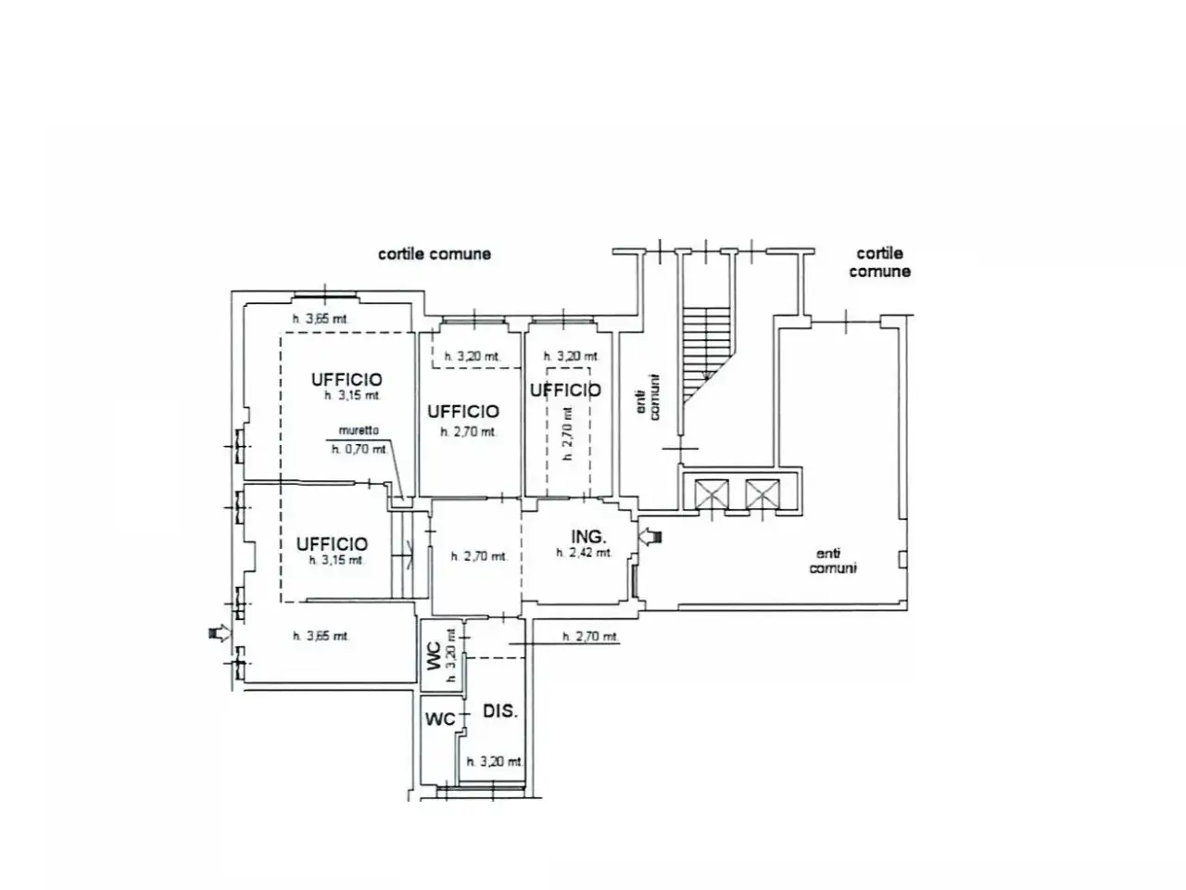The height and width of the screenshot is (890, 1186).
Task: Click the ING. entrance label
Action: click(588, 537)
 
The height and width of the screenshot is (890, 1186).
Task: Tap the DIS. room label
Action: click(499, 711)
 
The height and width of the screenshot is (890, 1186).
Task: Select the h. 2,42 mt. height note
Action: click(584, 553)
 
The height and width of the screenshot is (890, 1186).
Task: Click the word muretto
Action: click(359, 431)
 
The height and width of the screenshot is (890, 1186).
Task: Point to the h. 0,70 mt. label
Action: click(360, 449)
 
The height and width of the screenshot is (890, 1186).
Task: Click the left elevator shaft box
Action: click(711, 494)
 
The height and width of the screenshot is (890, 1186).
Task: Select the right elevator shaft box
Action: click(763, 494)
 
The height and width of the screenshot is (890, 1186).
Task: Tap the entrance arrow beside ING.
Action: click(650, 537)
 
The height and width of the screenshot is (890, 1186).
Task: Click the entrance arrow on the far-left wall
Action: click(220, 632)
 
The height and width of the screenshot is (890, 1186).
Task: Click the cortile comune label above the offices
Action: click(435, 254)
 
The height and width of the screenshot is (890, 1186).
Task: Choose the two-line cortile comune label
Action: click(879, 262)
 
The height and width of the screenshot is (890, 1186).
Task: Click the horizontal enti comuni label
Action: click(833, 561)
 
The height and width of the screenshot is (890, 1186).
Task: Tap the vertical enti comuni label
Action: click(648, 397)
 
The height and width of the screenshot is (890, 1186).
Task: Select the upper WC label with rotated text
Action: click(435, 656)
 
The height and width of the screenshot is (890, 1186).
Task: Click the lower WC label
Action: click(440, 719)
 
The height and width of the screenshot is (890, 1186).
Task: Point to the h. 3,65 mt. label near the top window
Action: click(321, 319)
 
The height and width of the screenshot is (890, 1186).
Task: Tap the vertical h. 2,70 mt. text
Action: click(567, 433)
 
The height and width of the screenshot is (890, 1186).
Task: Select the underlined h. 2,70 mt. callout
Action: click(590, 637)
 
